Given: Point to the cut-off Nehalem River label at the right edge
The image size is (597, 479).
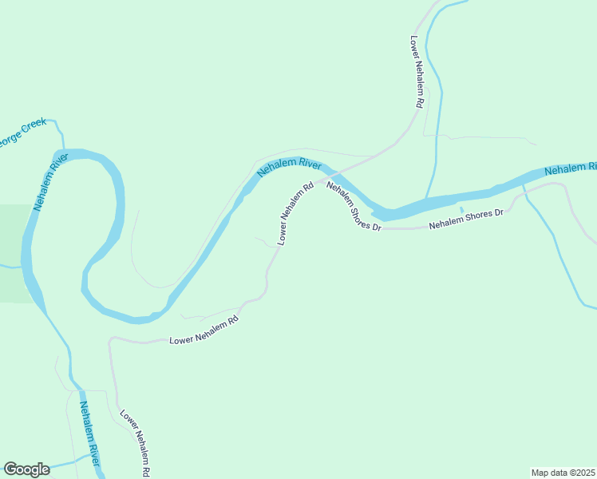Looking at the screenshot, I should tap(570, 169).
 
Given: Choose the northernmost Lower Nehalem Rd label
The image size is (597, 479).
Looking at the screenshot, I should tap(417, 71).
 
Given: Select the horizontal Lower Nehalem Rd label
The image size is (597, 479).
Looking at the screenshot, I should tap(204, 331).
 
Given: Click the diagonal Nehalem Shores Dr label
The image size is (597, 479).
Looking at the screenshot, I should tap(354, 206).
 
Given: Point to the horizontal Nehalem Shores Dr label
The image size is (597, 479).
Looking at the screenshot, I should tap(467, 219).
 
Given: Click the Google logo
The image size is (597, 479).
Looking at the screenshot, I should tap(26, 469).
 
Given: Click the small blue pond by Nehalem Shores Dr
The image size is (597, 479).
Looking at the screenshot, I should tap(461, 210).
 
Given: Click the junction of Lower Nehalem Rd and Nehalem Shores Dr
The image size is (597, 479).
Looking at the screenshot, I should tap(314, 183).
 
